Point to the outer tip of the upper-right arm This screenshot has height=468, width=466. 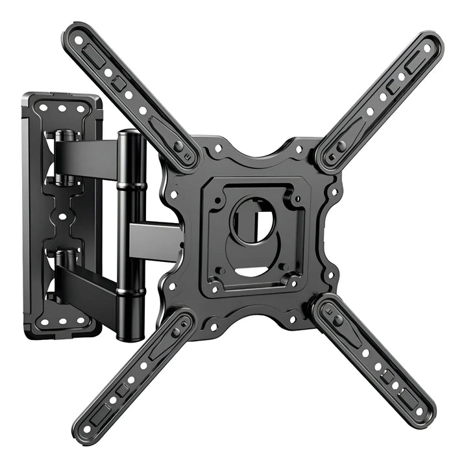point(430,44)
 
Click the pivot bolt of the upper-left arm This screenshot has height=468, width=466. point(178,147)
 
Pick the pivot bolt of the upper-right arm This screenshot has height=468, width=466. point(341,146)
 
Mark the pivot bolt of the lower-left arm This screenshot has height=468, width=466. point(175,331)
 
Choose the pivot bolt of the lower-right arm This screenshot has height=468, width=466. point(338,320)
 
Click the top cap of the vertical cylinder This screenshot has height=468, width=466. point(129,135)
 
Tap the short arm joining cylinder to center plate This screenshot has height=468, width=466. point(156,238)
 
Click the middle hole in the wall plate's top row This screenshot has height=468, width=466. point(63,109)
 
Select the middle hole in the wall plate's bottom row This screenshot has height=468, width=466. point(63,320)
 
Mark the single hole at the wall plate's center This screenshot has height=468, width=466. point(62,216)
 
